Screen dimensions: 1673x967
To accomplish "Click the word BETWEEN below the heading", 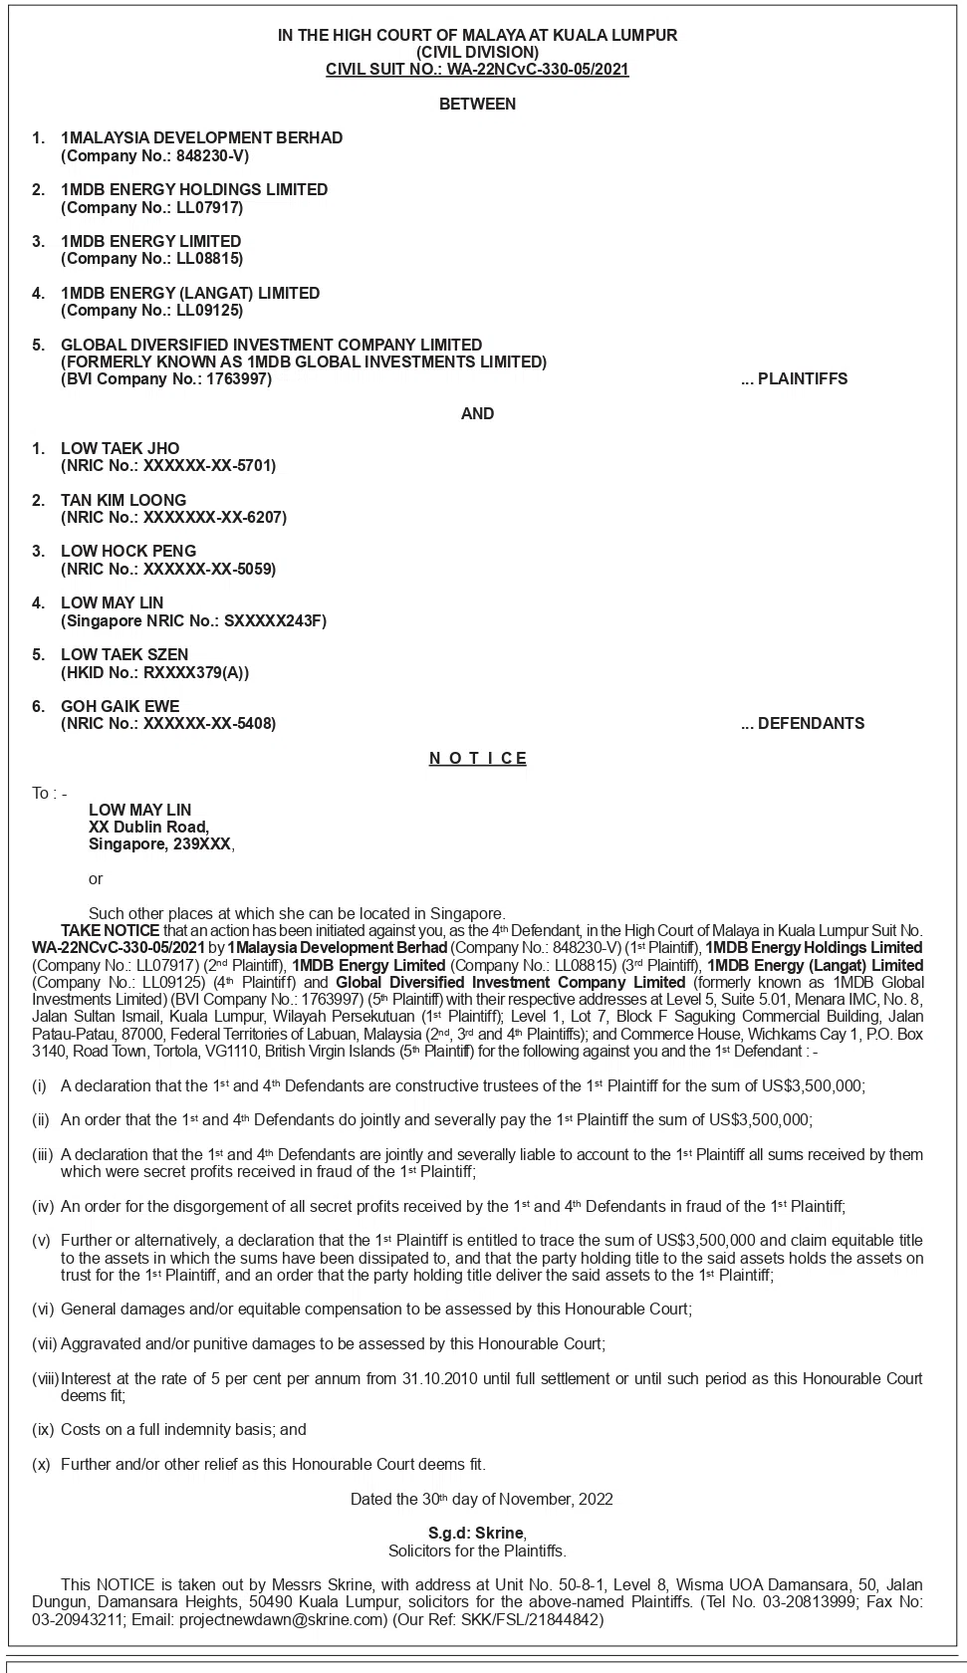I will [x=477, y=104].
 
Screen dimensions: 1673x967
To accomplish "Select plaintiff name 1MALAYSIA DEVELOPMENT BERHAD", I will [x=201, y=137].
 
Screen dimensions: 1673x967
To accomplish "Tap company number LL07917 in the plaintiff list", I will [x=209, y=207].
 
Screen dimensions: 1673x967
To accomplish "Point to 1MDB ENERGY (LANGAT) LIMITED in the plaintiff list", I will [x=190, y=293].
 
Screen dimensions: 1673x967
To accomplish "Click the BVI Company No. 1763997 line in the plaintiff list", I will [x=166, y=379].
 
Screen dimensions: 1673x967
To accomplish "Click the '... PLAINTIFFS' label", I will [x=794, y=379].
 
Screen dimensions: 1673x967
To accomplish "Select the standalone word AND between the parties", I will [x=477, y=413].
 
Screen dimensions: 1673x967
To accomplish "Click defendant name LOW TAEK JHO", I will [x=120, y=448].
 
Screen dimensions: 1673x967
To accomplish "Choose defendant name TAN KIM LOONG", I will [x=123, y=500].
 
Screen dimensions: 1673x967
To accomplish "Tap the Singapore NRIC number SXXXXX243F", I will [x=275, y=620].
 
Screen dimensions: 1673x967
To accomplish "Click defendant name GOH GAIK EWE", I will [x=120, y=706].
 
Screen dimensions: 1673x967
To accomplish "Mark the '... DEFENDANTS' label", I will [x=802, y=724].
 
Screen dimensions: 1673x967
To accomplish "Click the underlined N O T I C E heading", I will [x=477, y=759].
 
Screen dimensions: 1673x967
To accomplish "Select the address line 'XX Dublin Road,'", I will [x=148, y=827].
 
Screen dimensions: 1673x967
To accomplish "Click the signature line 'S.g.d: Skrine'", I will [x=476, y=1534].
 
